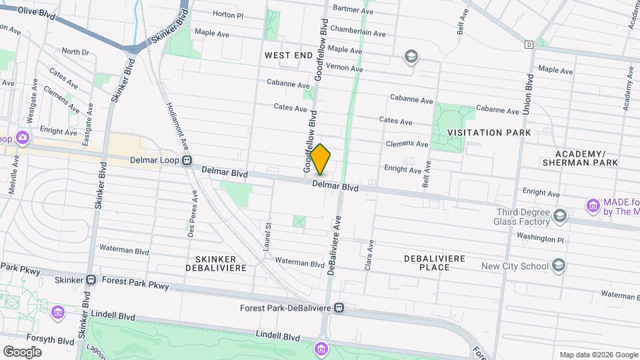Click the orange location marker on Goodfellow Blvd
321,159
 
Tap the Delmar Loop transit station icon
188,161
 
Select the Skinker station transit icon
91,280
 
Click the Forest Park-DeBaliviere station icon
340,308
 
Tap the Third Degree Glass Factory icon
560,215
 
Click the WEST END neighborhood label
289,55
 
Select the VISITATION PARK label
489,133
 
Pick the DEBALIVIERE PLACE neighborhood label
437,262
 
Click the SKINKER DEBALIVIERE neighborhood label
221,263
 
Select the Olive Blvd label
35,12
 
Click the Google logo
22,352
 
